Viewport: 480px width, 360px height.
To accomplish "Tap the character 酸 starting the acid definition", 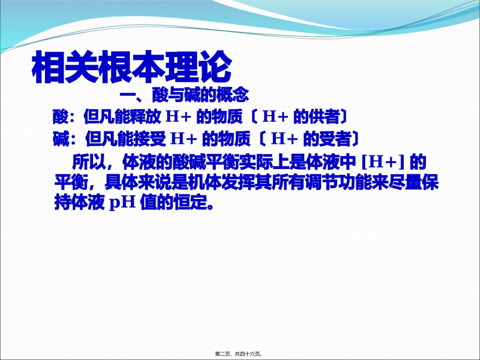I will click(60, 117).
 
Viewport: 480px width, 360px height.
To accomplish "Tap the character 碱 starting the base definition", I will click(60, 138).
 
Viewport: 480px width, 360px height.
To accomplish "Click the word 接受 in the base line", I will click(143, 138).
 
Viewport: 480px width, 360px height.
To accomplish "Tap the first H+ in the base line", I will click(182, 138).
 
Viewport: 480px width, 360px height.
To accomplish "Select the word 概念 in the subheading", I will click(233, 94).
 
